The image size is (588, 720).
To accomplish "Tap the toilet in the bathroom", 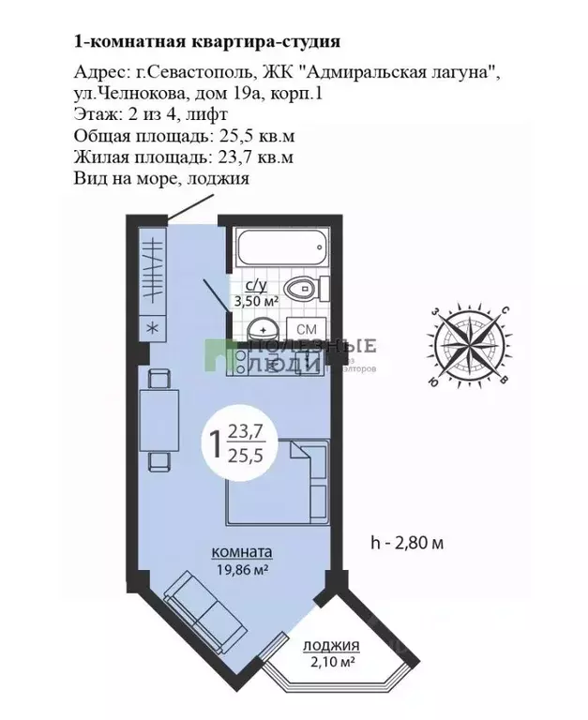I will coord(303,291).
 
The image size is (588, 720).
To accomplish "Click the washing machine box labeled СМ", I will coord(306,330).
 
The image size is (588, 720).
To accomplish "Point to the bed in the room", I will coord(278,483).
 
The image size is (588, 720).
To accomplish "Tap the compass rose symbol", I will coord(466,345).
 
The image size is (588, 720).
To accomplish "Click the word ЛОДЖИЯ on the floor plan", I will coord(332,646).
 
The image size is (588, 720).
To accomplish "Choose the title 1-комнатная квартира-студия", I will coord(205,41).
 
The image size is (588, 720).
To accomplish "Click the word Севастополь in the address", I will coord(185,73).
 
